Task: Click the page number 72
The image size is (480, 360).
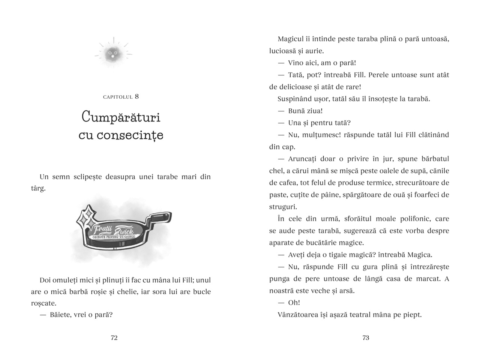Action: (x=114, y=338)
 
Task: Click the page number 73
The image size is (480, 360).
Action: (x=366, y=338)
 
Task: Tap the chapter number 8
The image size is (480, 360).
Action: (x=137, y=96)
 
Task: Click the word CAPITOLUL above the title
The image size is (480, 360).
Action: (x=118, y=97)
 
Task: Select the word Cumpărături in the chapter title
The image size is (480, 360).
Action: (x=121, y=117)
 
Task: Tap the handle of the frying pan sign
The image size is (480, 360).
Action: (x=160, y=218)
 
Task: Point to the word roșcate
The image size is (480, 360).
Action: (x=43, y=303)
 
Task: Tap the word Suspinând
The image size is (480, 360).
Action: (x=295, y=99)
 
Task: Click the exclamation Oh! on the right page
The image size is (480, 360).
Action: (x=294, y=303)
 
